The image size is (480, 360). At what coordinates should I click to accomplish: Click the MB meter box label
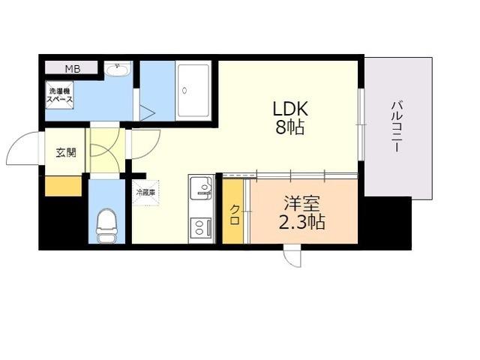click(x=73, y=69)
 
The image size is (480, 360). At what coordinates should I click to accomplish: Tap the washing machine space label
click(x=60, y=95)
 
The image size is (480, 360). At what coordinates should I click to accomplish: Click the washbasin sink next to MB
click(x=118, y=70)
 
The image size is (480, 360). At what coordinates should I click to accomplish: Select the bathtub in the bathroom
click(x=193, y=91)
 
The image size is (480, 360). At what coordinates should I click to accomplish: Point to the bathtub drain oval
click(x=184, y=91)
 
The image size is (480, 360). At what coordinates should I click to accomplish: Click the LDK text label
click(x=290, y=109)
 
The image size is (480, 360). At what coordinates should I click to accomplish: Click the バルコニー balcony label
click(x=397, y=127)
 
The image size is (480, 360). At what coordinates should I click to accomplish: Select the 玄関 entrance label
click(x=66, y=152)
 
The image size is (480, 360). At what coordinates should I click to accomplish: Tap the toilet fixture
click(x=106, y=225)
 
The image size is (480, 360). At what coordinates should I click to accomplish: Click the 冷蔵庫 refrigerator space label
click(x=145, y=193)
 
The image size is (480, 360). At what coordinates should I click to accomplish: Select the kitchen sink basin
click(x=202, y=187)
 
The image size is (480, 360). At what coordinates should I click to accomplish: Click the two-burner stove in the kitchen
click(x=201, y=227)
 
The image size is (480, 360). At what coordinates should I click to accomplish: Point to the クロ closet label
click(x=235, y=215)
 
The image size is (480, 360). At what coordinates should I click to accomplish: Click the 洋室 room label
click(x=301, y=203)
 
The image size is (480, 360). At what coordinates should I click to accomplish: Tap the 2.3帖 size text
click(x=301, y=222)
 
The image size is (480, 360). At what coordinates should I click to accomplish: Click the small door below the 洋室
click(x=292, y=256)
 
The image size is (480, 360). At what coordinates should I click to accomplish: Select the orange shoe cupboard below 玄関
click(x=63, y=186)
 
